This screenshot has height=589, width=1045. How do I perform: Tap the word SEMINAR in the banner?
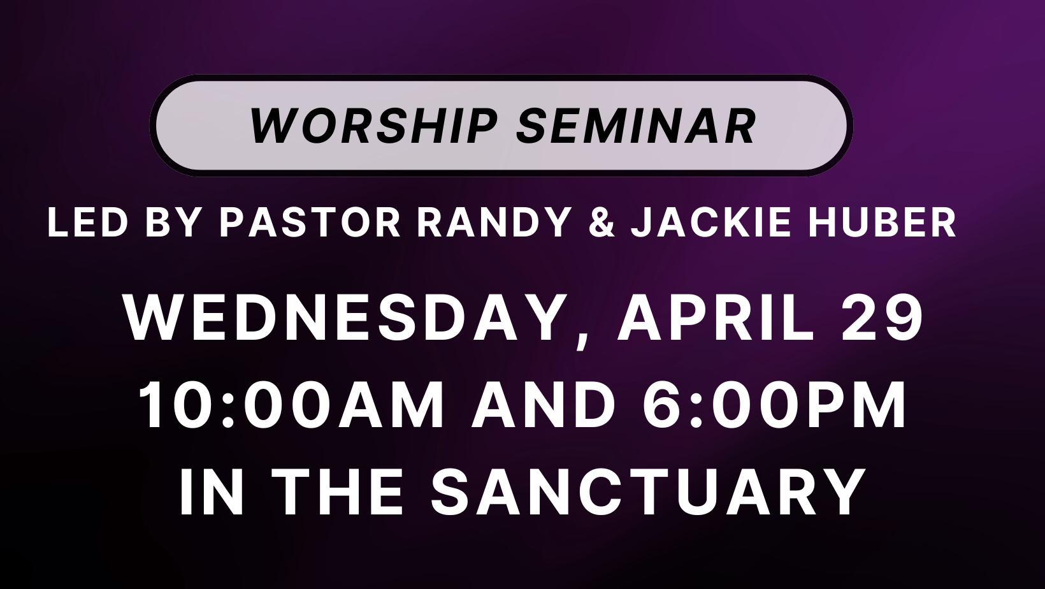click(x=636, y=126)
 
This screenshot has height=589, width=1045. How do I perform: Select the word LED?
click(x=88, y=222)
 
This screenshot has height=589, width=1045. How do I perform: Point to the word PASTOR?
click(x=310, y=222)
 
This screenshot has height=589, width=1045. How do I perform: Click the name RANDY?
click(x=494, y=222)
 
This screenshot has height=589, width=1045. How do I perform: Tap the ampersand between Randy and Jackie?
click(x=602, y=222)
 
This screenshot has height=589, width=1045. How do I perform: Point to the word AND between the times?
click(x=544, y=405)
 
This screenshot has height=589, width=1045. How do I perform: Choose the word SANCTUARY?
click(x=648, y=492)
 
